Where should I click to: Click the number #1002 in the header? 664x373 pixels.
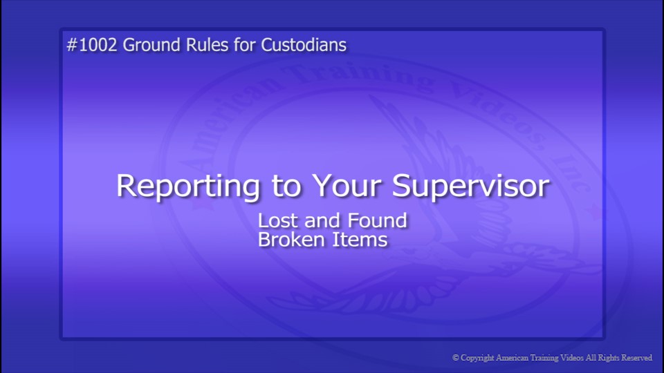(92, 46)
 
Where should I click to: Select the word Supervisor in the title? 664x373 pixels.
(471, 186)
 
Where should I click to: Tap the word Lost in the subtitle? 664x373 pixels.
(275, 221)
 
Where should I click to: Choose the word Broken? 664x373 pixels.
(288, 240)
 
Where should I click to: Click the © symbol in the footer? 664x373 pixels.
(456, 358)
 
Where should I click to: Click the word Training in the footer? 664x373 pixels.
(536, 358)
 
